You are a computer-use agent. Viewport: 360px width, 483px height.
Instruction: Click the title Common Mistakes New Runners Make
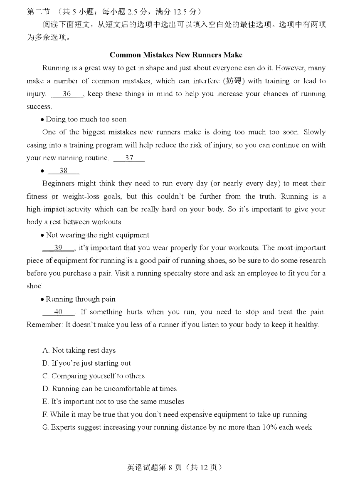pos(176,55)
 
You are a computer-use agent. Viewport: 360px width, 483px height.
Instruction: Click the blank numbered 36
pos(67,94)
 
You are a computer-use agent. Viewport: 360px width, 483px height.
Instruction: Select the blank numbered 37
pos(129,158)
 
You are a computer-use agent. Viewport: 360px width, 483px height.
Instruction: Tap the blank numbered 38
pos(63,171)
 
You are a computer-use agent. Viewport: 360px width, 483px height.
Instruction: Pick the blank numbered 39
pos(59,248)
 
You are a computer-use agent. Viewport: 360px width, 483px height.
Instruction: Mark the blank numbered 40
pos(59,312)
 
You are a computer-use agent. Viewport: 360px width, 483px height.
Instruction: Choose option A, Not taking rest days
pos(79,351)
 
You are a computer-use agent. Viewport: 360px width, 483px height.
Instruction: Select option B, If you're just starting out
pos(86,363)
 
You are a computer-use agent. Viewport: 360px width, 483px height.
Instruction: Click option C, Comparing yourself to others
pos(94,376)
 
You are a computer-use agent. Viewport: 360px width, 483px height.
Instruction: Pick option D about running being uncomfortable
pos(109,389)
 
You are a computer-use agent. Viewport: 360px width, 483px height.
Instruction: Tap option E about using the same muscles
pos(113,402)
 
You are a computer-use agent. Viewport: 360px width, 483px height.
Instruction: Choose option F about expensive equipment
pos(175,415)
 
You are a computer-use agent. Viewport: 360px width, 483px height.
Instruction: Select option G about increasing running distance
pos(177,427)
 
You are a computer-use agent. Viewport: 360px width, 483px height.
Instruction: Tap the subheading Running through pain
pos(81,299)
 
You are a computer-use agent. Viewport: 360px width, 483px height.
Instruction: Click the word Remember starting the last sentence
pos(44,325)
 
